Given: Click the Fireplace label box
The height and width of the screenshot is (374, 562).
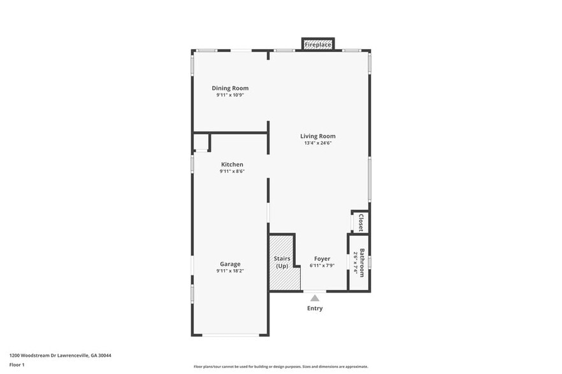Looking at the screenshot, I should click(317, 45).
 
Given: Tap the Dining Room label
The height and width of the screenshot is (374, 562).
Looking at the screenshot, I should click(230, 88).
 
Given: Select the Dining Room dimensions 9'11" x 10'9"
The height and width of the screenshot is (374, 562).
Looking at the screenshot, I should click(230, 95).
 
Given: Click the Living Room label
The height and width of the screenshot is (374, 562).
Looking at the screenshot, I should click(318, 136).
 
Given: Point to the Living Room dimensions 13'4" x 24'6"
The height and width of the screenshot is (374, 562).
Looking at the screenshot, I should click(318, 143).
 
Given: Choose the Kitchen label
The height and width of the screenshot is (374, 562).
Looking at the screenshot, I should click(232, 164).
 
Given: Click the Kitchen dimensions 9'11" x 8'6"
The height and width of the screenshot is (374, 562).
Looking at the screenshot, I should click(232, 171).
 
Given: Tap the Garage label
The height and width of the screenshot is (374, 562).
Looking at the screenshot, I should click(230, 264).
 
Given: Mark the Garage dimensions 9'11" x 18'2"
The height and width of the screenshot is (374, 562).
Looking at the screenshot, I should click(230, 271).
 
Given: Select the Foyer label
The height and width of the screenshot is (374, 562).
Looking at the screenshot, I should click(322, 259).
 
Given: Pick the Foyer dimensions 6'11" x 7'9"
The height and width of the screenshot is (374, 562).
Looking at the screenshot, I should click(322, 265).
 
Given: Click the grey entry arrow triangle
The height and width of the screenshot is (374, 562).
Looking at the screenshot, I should click(315, 298).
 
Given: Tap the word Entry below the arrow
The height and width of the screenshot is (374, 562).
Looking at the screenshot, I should click(315, 308).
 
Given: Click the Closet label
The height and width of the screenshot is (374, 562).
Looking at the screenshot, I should click(361, 222).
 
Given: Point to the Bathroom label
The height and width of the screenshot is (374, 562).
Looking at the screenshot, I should click(362, 262).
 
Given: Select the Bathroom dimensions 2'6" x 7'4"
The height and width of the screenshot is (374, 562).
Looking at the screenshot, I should click(356, 262).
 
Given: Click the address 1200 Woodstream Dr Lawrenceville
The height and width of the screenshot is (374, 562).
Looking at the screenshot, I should click(64, 356).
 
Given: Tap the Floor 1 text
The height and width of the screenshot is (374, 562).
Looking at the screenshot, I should click(17, 364).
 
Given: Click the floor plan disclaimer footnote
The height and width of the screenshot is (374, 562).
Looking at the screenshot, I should click(280, 367).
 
